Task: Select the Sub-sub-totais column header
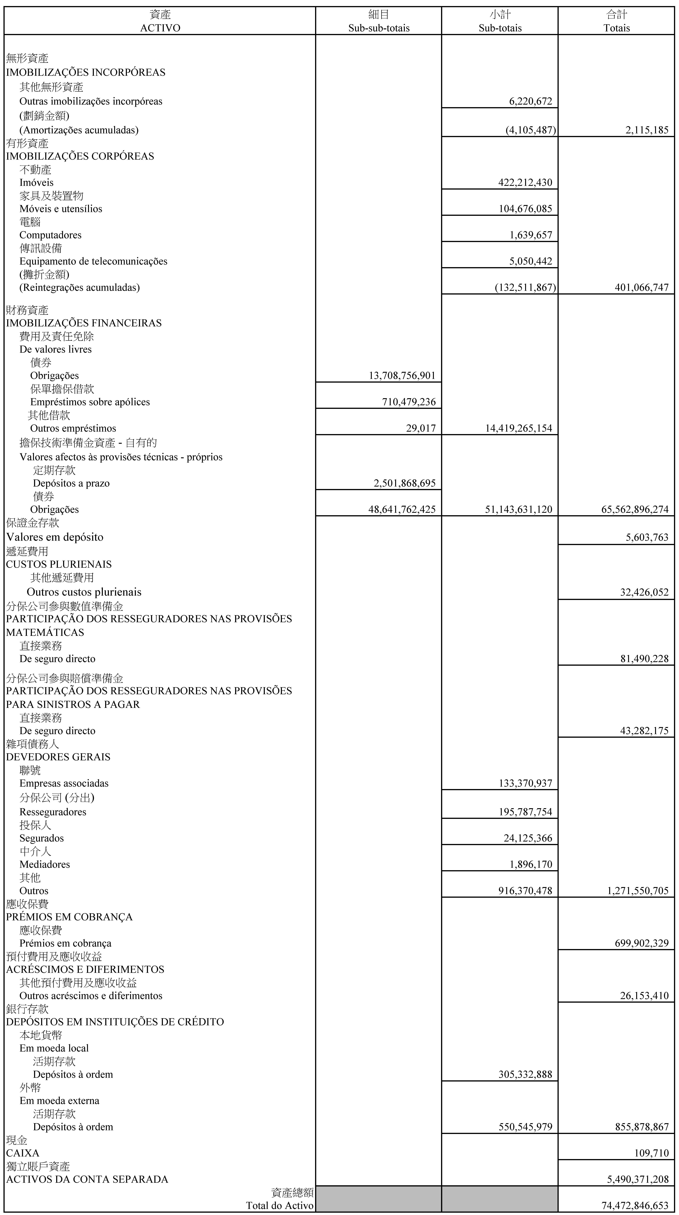379,28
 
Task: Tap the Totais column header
616,28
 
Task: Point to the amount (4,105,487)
531,130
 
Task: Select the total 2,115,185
647,130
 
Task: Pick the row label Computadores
50,235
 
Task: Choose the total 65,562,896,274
635,509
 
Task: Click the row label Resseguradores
53,812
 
